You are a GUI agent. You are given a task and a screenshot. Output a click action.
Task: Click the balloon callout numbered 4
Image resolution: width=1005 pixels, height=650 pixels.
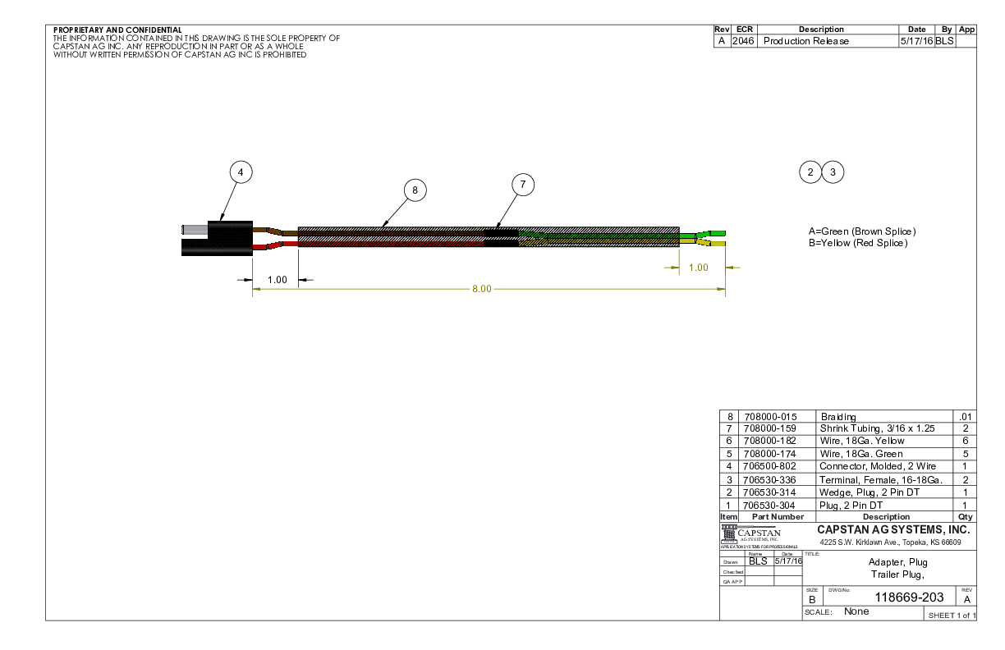tap(240, 172)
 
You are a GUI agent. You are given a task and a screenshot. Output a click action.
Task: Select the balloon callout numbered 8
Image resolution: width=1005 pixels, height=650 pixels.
tap(415, 190)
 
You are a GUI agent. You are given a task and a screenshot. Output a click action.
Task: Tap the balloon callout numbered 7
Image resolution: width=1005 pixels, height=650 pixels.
tap(522, 185)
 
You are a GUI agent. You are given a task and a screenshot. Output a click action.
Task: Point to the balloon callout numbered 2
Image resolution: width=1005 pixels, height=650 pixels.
tap(810, 172)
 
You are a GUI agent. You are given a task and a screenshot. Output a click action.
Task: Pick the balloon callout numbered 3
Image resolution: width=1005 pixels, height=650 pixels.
tap(833, 172)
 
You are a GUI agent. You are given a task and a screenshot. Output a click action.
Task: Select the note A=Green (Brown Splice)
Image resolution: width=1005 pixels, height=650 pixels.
tap(862, 231)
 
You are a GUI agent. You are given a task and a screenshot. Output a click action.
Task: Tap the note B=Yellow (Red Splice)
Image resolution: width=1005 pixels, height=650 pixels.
tap(858, 243)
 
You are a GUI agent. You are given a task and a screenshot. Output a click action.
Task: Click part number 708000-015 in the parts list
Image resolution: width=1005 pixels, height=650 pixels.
tap(769, 417)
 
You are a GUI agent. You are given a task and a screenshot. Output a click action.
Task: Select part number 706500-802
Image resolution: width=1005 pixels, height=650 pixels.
tap(769, 466)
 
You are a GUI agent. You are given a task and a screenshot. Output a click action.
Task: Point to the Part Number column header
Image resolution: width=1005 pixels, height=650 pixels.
tap(772, 517)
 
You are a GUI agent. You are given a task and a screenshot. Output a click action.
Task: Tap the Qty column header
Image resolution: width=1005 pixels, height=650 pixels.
tap(965, 517)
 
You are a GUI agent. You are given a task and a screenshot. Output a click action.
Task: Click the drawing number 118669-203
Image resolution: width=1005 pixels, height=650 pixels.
tap(910, 597)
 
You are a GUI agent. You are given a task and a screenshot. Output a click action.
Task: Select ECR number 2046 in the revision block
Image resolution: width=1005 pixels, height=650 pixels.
tap(743, 41)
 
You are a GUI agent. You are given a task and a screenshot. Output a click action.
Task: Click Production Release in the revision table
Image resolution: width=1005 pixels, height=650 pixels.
tap(806, 41)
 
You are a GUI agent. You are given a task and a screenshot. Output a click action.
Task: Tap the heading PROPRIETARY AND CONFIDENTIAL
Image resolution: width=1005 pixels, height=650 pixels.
tap(117, 30)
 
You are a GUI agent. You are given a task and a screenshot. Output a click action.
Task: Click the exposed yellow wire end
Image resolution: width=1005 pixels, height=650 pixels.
tap(716, 245)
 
